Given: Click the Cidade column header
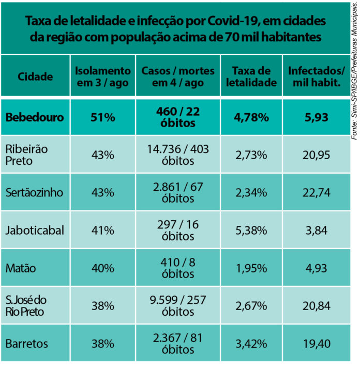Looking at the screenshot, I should [x=35, y=77].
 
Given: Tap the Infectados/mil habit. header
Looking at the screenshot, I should [x=316, y=76].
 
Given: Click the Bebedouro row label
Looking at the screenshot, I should [x=35, y=117].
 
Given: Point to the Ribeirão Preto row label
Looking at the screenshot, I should [x=26, y=155].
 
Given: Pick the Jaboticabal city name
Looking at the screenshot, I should [x=35, y=231].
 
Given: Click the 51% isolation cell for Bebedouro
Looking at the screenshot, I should [x=103, y=117].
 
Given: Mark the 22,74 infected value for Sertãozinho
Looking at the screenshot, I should [x=316, y=193].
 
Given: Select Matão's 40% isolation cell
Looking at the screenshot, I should [x=103, y=268].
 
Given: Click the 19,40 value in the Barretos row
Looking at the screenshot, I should [x=316, y=344].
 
